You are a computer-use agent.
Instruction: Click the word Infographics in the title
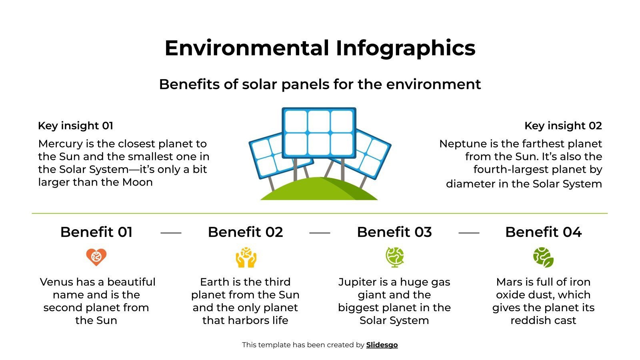pyautogui.click(x=405, y=48)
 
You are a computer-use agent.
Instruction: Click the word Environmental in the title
pyautogui.click(x=246, y=48)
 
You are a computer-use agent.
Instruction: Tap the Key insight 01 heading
pyautogui.click(x=76, y=126)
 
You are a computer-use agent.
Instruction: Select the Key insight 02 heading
pyautogui.click(x=563, y=126)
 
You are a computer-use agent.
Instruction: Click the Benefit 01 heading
pyautogui.click(x=96, y=232)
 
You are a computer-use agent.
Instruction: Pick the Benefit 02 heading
pyautogui.click(x=245, y=232)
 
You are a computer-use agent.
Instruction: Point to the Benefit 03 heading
pyautogui.click(x=394, y=232)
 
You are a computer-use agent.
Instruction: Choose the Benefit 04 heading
pyautogui.click(x=543, y=232)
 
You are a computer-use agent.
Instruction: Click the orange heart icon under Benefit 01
pyautogui.click(x=96, y=257)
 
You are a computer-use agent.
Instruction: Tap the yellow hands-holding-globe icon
pyautogui.click(x=246, y=258)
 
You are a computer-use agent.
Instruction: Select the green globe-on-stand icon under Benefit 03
pyautogui.click(x=395, y=257)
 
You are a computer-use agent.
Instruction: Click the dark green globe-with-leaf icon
pyautogui.click(x=543, y=257)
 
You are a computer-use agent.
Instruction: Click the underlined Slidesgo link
pyautogui.click(x=382, y=345)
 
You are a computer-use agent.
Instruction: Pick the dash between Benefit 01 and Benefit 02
pyautogui.click(x=171, y=232)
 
